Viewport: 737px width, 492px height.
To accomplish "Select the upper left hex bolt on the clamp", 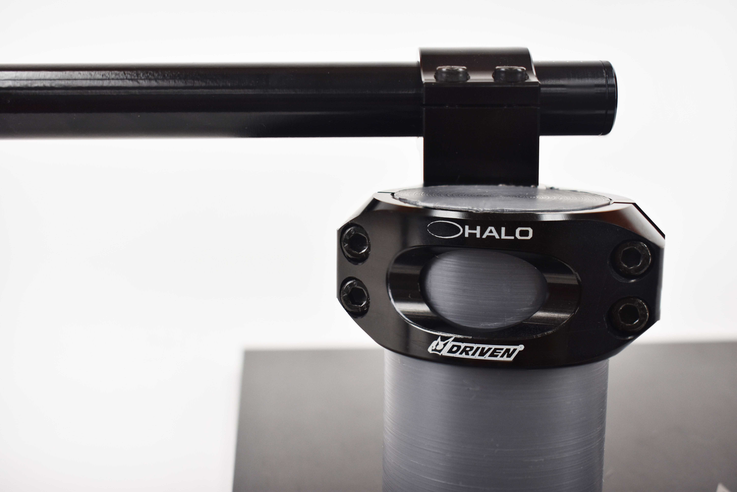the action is pyautogui.click(x=355, y=243).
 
